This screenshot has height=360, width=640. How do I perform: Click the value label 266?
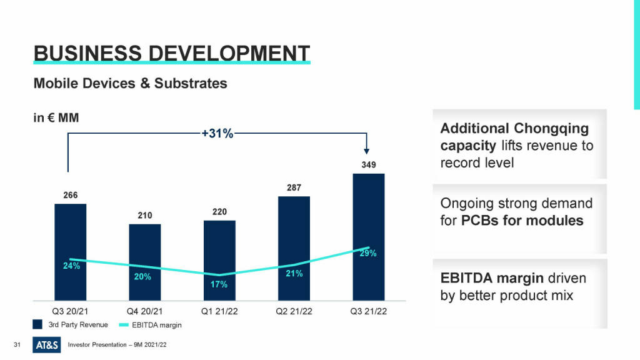(x=71, y=195)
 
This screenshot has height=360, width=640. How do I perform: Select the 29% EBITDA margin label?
(x=368, y=253)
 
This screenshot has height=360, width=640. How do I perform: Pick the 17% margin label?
(x=219, y=284)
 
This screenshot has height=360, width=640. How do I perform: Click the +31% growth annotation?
(x=217, y=133)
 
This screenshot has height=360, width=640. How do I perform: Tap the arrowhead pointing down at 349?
(x=367, y=151)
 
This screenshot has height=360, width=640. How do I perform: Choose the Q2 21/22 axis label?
(x=294, y=311)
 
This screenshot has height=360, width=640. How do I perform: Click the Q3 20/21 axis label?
(x=70, y=311)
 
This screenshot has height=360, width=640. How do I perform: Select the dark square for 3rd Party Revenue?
(x=38, y=324)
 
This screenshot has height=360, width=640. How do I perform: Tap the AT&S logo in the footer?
(x=47, y=344)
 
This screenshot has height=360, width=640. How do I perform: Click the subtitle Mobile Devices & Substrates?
(x=130, y=82)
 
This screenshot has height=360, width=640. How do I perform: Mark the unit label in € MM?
(x=56, y=117)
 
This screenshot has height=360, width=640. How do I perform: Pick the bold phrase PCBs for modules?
(x=522, y=221)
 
